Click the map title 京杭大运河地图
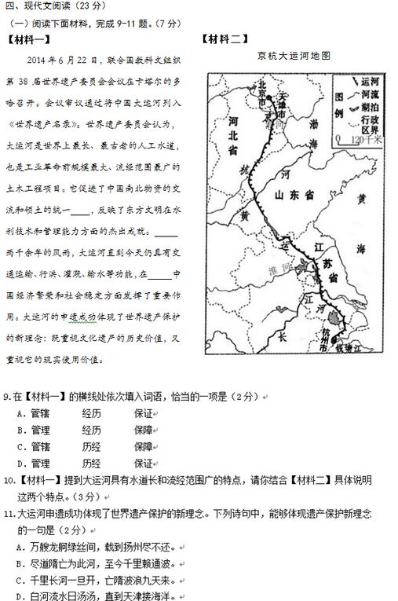(293, 56)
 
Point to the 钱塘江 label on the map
(345, 346)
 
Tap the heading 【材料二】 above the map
(223, 39)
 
